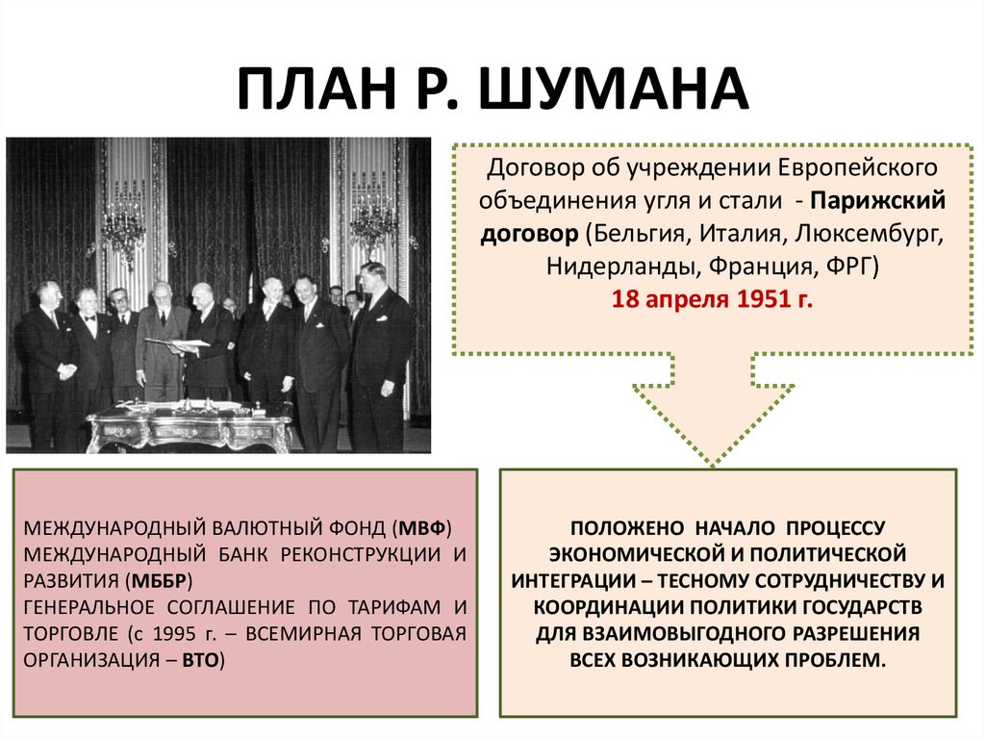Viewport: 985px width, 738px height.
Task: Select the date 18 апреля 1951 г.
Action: pyautogui.click(x=713, y=299)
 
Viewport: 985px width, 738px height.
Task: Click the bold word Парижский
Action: pyautogui.click(x=878, y=200)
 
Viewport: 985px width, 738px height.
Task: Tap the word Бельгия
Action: pyautogui.click(x=628, y=233)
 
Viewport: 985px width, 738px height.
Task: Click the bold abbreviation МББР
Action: pyautogui.click(x=162, y=580)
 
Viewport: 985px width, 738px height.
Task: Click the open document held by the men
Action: pyautogui.click(x=177, y=344)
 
